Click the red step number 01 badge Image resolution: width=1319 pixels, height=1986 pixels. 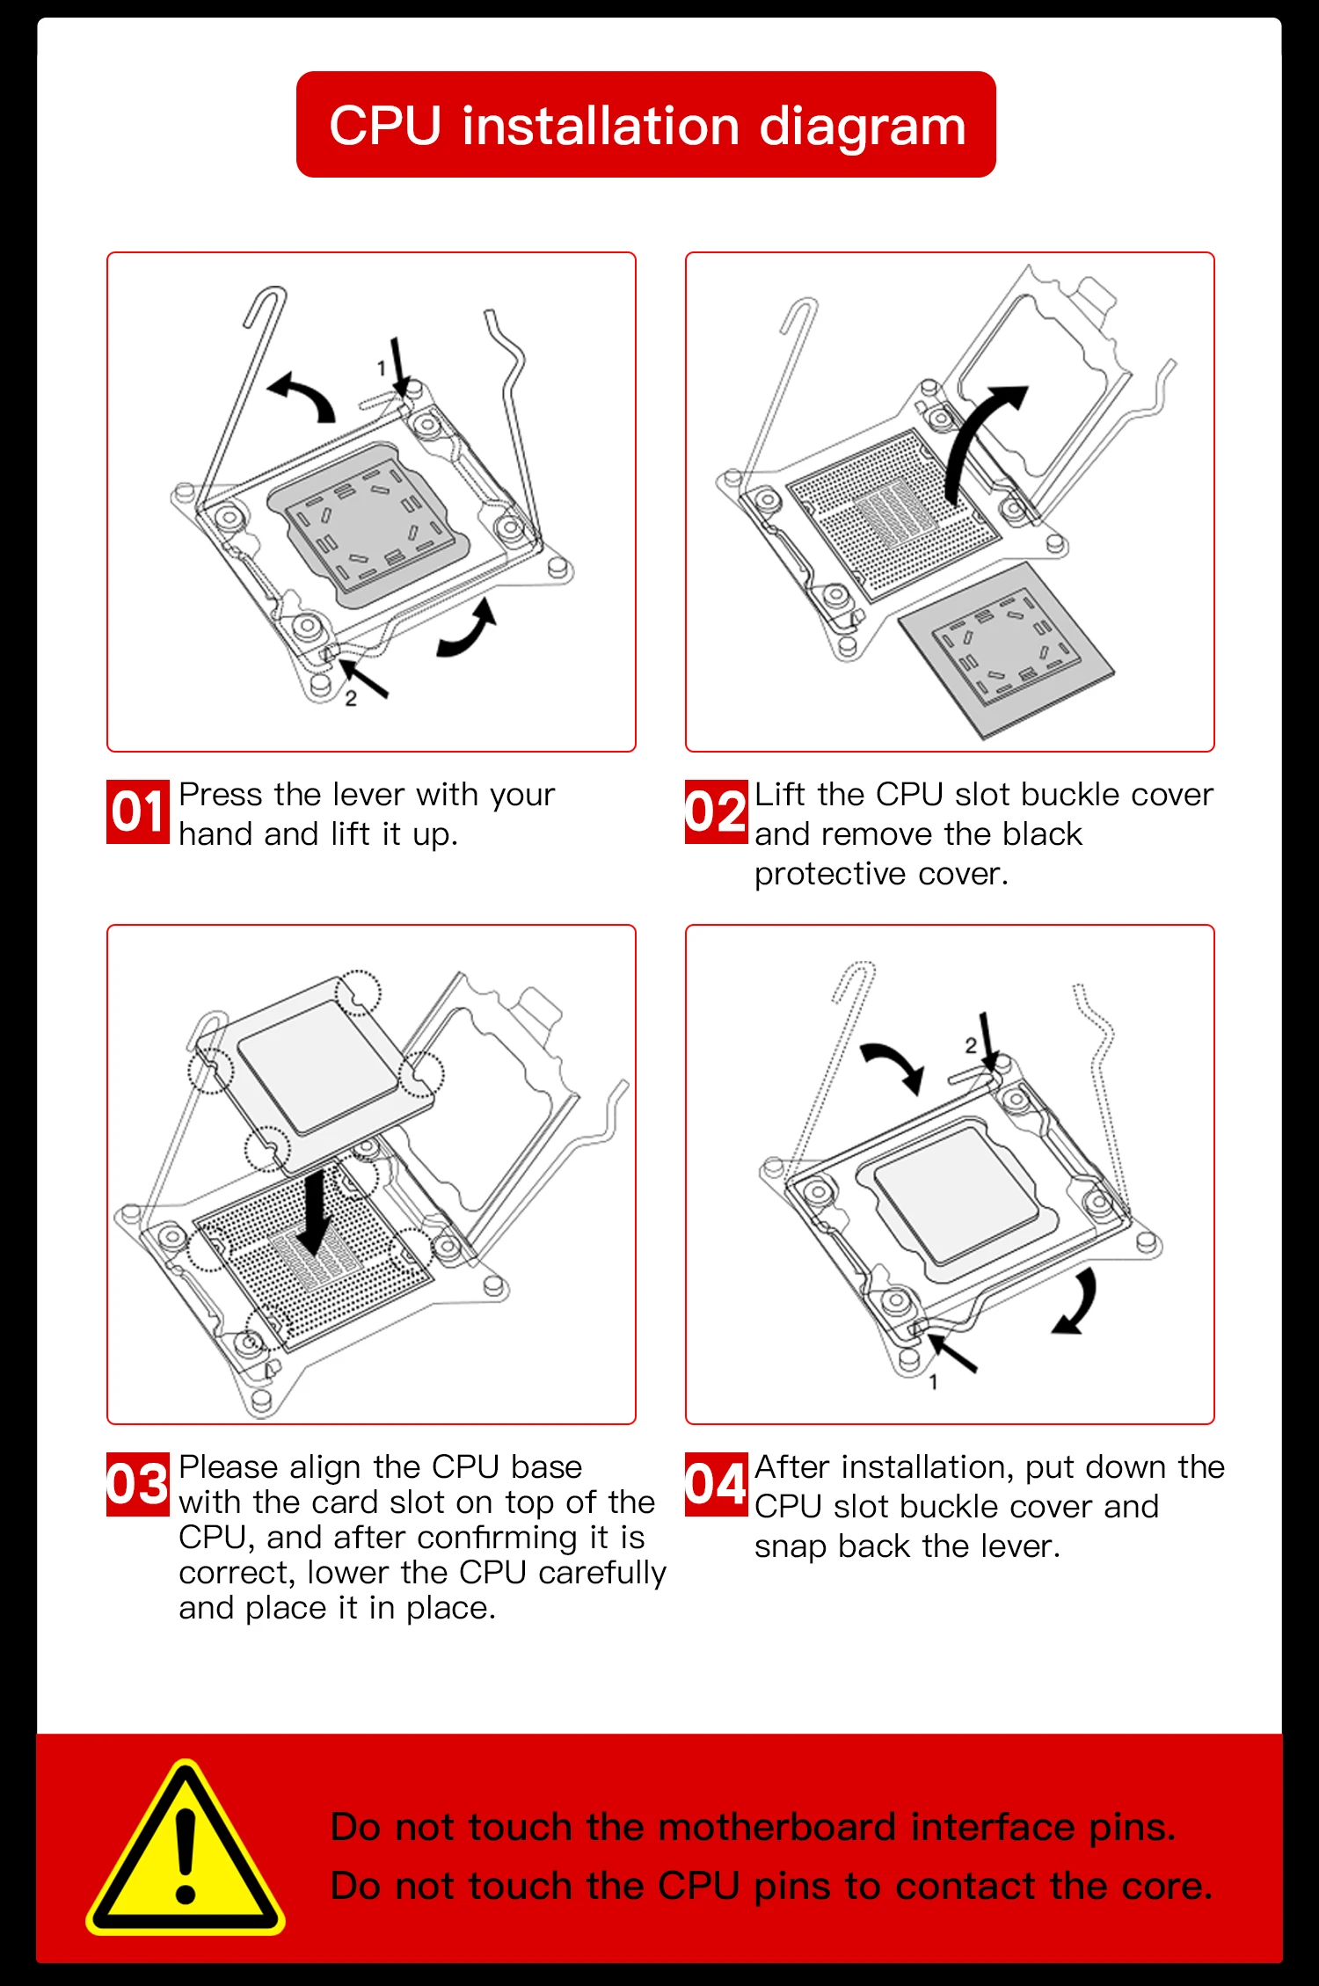tap(137, 811)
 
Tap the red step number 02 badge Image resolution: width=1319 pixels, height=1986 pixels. tap(716, 811)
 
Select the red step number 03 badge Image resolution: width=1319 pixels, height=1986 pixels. tap(137, 1484)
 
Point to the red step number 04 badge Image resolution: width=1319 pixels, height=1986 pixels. tap(716, 1484)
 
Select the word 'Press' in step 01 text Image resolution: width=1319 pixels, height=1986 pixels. tap(221, 795)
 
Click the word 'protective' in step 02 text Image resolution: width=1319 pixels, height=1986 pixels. tap(830, 874)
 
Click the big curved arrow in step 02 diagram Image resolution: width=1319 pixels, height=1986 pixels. tap(976, 440)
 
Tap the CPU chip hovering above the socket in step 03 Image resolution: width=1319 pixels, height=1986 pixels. tap(315, 1067)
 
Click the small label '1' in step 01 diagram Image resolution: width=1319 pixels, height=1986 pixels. tap(382, 368)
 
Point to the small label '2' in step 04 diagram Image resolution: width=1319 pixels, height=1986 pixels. tap(970, 1045)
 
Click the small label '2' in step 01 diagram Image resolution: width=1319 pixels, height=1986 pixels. tap(351, 699)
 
